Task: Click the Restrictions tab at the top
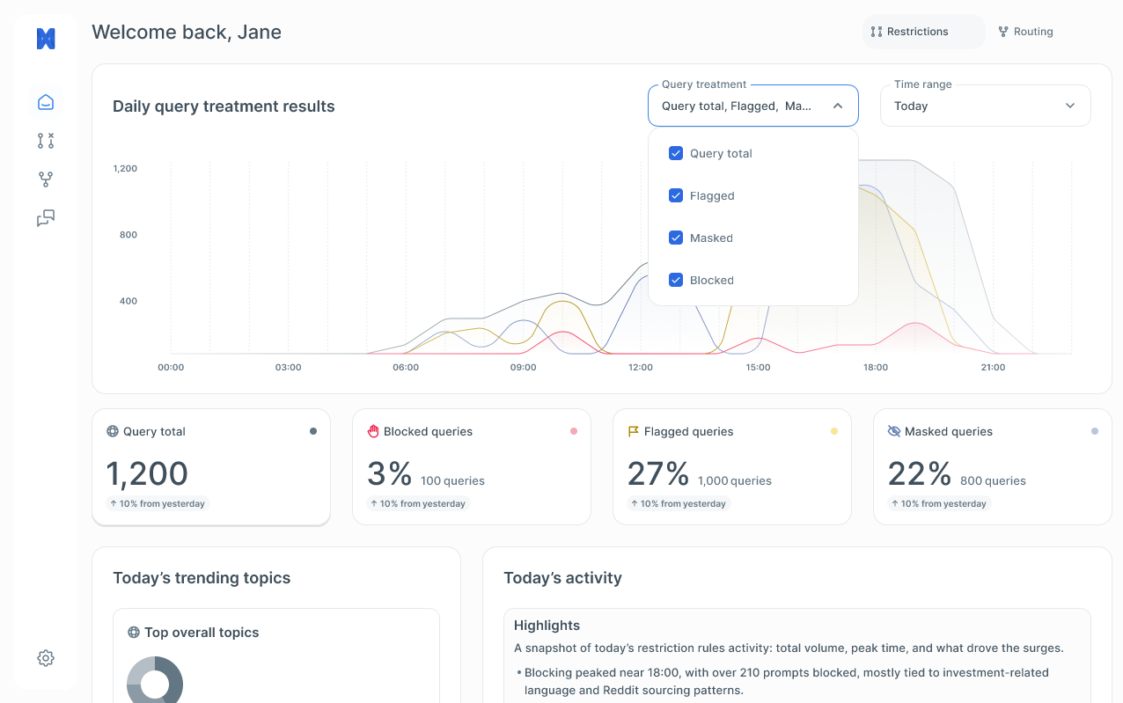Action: coord(910,32)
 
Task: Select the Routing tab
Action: coord(1025,32)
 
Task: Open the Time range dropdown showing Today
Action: coord(985,106)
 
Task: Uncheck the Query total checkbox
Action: coord(676,153)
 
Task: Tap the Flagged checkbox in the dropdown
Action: coord(676,195)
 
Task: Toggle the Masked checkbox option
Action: coord(676,238)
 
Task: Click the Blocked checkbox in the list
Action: coord(676,280)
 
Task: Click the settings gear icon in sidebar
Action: coord(46,658)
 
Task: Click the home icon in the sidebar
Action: coord(46,102)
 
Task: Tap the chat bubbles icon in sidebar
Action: coord(46,218)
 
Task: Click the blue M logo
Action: coord(46,39)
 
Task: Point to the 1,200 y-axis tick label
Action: coord(125,168)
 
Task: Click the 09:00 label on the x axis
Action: coord(523,368)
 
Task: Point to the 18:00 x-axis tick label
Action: coord(875,368)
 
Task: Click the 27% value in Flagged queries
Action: coord(657,474)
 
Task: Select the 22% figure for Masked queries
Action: coord(919,474)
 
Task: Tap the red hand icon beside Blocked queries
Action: coord(372,431)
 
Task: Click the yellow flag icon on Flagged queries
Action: coord(633,431)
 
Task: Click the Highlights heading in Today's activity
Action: coord(547,626)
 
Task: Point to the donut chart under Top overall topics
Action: coord(155,680)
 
